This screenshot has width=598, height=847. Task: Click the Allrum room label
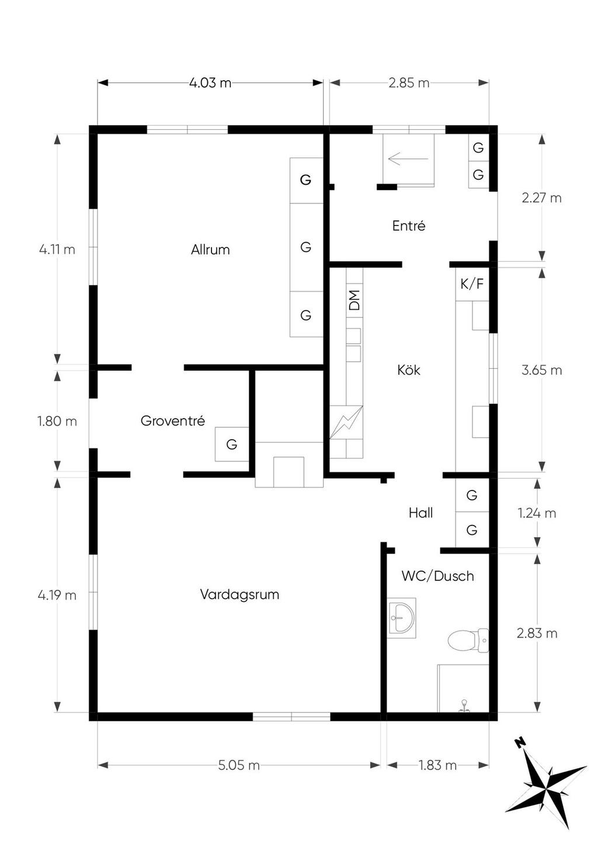tap(210, 250)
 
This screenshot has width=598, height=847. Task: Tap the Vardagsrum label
tap(239, 595)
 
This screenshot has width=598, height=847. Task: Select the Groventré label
tap(173, 421)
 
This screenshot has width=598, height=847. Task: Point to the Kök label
tap(408, 370)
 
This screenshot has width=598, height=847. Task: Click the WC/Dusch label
tap(437, 576)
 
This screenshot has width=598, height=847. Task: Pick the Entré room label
tap(409, 226)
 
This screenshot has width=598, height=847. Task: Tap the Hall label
tap(420, 513)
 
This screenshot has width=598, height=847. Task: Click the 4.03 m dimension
tap(210, 82)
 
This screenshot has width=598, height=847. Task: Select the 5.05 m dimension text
tap(239, 765)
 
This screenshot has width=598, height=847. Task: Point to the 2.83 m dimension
tap(537, 633)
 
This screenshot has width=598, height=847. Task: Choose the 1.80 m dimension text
tap(57, 421)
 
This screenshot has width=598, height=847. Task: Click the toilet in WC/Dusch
tap(468, 641)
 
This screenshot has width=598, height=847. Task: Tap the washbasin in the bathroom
tap(401, 618)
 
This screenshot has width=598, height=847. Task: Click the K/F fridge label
tap(472, 284)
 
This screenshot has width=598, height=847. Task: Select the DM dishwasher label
tap(354, 300)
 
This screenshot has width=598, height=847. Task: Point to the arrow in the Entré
tap(408, 158)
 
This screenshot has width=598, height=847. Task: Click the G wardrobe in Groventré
tap(232, 444)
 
